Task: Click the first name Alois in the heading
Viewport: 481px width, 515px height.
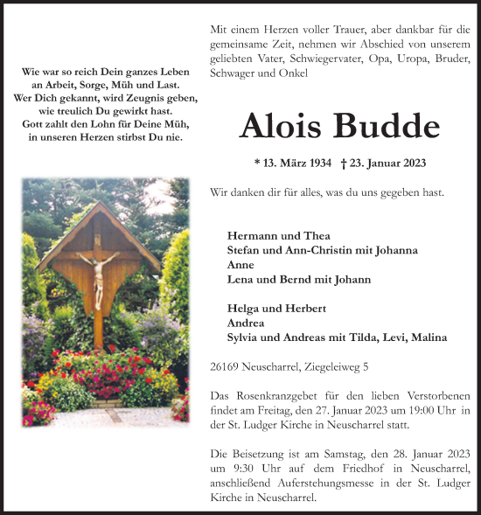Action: (x=282, y=127)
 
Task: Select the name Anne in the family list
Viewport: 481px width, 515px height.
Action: (x=240, y=264)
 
